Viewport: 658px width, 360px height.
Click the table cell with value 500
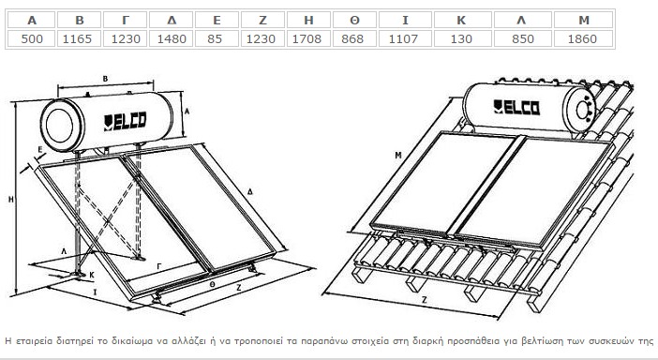pos(32,38)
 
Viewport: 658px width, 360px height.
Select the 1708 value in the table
pos(307,38)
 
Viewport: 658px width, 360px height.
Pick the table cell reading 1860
pos(582,38)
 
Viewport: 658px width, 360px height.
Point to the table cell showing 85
pos(215,38)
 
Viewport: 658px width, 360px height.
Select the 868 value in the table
pos(352,38)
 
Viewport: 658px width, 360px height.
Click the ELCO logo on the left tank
pos(125,121)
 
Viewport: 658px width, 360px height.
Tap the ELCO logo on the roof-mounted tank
pos(516,107)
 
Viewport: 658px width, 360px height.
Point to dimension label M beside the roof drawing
pos(398,156)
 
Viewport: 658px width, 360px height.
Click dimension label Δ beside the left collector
pos(250,192)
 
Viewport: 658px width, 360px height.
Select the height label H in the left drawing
pos(11,200)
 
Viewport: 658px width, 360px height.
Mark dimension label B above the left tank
pos(105,79)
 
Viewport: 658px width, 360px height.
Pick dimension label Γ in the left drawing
pos(159,266)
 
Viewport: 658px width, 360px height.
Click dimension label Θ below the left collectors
pos(213,284)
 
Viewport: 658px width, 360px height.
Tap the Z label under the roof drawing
pos(425,300)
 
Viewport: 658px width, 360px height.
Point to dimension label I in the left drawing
pos(95,292)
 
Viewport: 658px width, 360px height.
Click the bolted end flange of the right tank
pos(582,110)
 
